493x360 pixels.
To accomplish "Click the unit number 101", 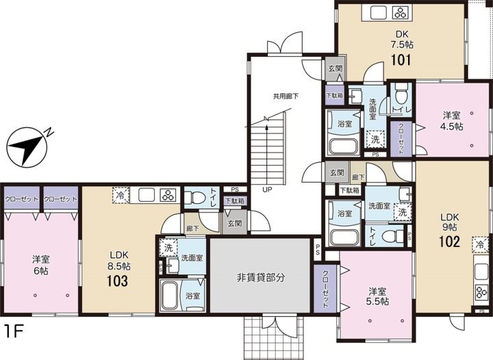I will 401,60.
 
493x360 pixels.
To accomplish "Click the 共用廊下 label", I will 286,97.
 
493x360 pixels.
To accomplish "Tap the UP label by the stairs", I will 268,190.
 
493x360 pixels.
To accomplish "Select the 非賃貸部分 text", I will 261,278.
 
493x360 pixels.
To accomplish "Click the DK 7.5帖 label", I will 401,39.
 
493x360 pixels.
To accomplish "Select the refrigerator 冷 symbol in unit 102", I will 480,244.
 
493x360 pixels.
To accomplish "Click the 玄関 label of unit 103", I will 234,223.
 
